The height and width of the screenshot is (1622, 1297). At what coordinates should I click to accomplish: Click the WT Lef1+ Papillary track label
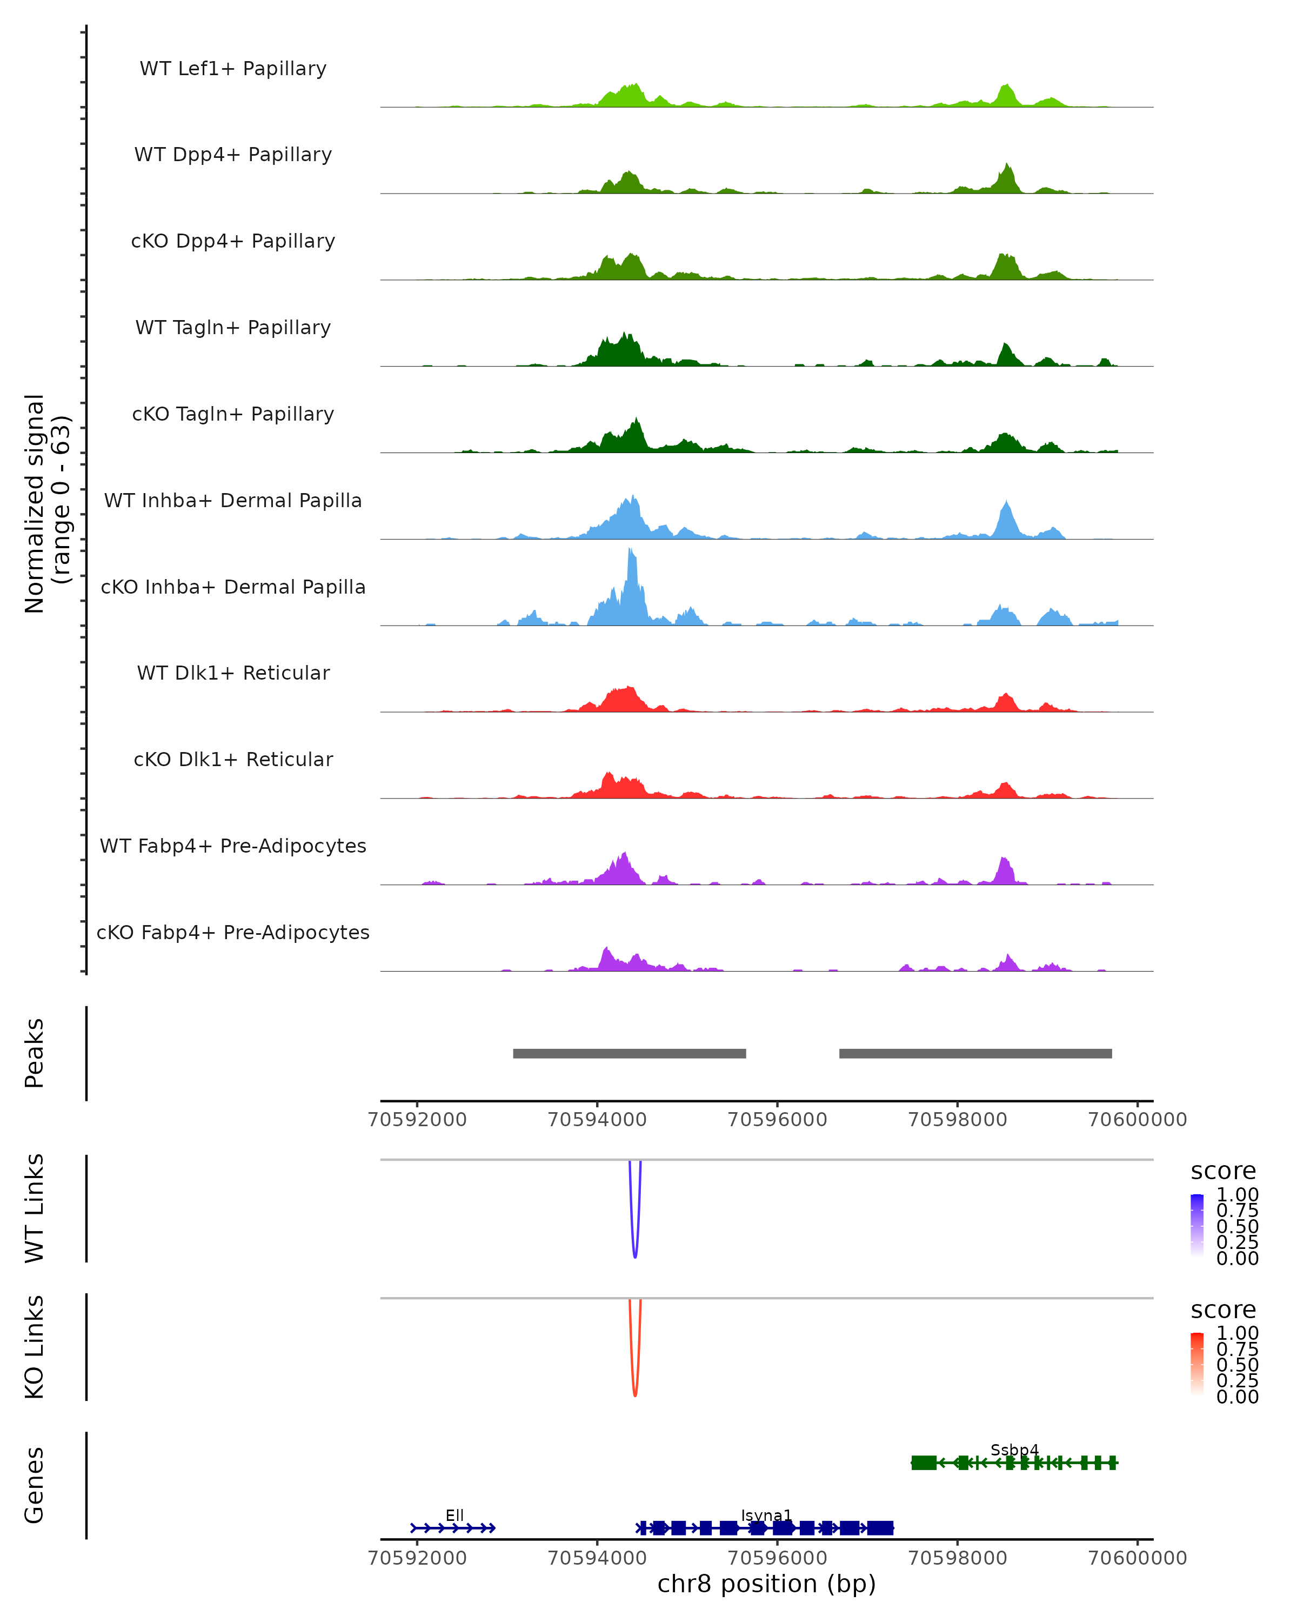233,69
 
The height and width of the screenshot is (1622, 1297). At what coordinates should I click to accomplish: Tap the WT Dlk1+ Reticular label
233,673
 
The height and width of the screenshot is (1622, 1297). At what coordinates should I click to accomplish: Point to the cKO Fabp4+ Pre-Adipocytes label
233,932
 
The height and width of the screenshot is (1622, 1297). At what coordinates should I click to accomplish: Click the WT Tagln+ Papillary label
233,328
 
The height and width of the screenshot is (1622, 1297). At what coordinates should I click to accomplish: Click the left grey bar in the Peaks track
630,1053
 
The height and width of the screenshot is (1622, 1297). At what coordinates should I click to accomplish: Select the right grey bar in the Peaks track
975,1053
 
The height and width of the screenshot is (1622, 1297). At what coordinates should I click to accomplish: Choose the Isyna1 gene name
766,1515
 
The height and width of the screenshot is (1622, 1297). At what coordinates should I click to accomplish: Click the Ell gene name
454,1515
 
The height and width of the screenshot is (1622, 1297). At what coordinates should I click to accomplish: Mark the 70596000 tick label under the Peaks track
778,1120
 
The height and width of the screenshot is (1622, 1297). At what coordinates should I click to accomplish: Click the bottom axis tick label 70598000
957,1558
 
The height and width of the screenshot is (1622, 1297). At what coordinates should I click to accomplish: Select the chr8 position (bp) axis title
766,1584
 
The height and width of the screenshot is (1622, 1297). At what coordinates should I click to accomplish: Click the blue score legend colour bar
1197,1226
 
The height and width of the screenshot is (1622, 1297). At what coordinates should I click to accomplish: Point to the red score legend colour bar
1197,1364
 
